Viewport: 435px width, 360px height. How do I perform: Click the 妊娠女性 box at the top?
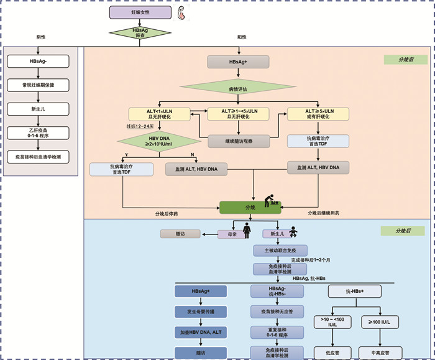coord(140,12)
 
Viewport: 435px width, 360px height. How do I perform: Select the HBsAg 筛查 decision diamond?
coord(140,34)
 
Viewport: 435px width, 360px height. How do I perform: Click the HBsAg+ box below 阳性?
coord(238,62)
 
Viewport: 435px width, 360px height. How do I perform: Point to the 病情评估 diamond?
coord(238,90)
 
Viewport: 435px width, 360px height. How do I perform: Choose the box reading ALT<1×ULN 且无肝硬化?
coord(158,114)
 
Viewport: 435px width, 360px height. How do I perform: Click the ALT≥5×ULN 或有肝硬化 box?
coord(318,114)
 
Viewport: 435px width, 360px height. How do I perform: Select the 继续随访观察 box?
coord(238,141)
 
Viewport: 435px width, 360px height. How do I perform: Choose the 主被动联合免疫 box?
coord(277,250)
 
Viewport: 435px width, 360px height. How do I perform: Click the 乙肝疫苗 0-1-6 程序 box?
coord(38,132)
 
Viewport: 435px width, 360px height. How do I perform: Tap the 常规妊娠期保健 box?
coord(38,85)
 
